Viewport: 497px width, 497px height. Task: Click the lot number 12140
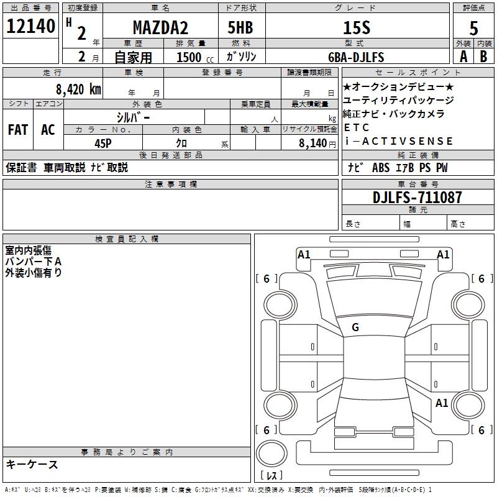pyautogui.click(x=30, y=27)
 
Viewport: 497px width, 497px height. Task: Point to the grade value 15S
pyautogui.click(x=356, y=28)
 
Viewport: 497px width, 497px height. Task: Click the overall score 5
pyautogui.click(x=474, y=28)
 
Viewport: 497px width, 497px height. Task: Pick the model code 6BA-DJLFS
pyautogui.click(x=356, y=57)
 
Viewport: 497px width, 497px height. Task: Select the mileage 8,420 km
pyautogui.click(x=78, y=88)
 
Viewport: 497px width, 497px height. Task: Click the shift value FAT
pyautogui.click(x=17, y=130)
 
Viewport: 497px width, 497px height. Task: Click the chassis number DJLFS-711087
pyautogui.click(x=417, y=198)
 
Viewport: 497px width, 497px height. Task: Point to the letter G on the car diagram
pyautogui.click(x=355, y=327)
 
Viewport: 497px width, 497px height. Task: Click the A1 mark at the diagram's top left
pyautogui.click(x=304, y=254)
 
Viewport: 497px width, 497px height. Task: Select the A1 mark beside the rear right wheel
pyautogui.click(x=442, y=403)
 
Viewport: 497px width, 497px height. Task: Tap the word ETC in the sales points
pyautogui.click(x=352, y=127)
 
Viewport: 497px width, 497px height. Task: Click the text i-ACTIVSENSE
pyautogui.click(x=398, y=141)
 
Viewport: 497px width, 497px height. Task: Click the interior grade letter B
pyautogui.click(x=484, y=57)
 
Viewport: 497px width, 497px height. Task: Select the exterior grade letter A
pyautogui.click(x=463, y=57)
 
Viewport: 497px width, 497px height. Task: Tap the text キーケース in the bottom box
pyautogui.click(x=32, y=464)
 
